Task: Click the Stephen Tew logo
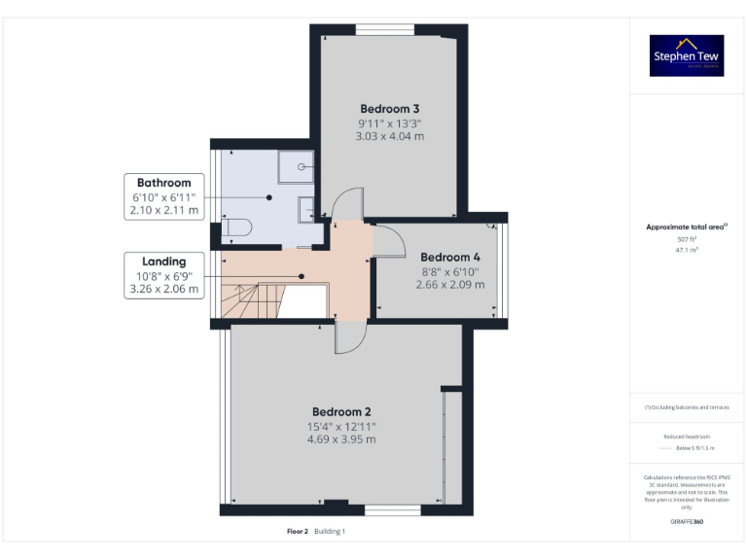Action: pos(687,56)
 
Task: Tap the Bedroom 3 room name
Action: pos(389,109)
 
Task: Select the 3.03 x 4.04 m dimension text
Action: pos(389,137)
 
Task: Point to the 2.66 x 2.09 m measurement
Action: pos(449,285)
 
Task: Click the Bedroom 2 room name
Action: pos(341,411)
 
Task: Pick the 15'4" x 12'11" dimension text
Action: pos(341,426)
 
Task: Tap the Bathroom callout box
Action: pos(163,195)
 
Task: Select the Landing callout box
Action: pos(163,274)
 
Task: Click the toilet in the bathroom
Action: pos(236,228)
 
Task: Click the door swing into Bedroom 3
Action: pos(344,203)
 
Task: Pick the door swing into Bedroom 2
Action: pos(349,337)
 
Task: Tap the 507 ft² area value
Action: pos(687,239)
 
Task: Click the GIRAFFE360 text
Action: pos(687,522)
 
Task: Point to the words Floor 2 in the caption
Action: pos(297,532)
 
